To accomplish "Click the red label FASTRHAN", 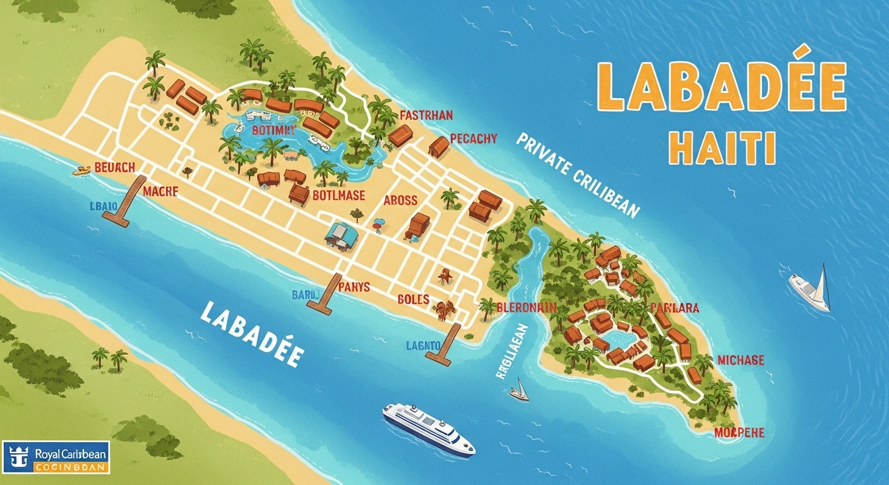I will (426, 116).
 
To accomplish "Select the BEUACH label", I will (114, 168).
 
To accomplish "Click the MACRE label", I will (160, 191).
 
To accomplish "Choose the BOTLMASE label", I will (338, 196).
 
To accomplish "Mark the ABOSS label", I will (401, 200).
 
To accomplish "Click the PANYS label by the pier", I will (354, 287).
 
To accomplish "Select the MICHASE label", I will (740, 361).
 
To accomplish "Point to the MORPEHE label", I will (739, 433).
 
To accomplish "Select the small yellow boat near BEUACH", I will (81, 170).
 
